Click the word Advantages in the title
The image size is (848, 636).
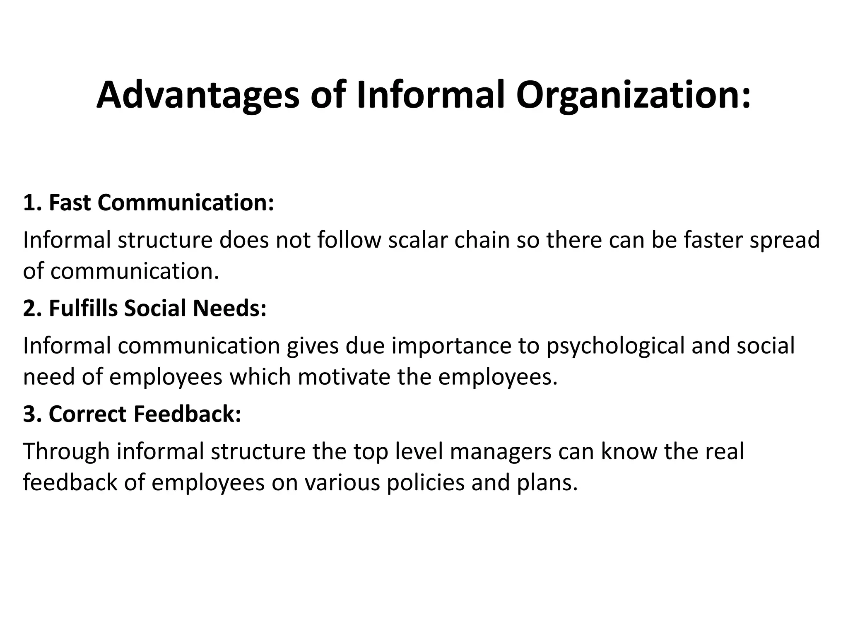click(x=198, y=95)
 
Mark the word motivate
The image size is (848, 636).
click(x=344, y=377)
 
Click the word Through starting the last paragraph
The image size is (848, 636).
click(x=66, y=452)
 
